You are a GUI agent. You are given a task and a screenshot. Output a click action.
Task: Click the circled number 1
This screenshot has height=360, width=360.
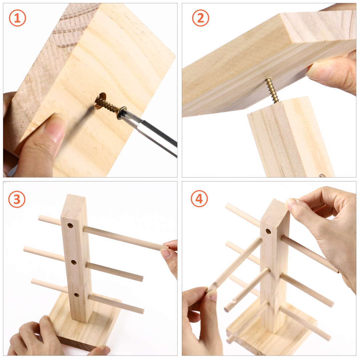point(17,18)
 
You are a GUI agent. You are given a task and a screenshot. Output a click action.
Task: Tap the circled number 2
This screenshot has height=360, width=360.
point(200,18)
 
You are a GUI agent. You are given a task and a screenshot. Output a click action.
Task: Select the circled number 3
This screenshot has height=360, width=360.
point(17,199)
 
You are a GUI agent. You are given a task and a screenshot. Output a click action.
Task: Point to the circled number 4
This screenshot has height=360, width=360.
point(199,199)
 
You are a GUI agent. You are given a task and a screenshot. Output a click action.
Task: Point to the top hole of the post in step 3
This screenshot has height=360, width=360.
point(70,225)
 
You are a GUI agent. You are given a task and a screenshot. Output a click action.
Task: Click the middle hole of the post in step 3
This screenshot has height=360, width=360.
point(74,262)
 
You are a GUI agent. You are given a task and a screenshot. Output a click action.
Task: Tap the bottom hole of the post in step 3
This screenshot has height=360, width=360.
point(77,295)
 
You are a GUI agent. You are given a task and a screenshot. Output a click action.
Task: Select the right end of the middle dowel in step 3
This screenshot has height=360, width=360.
point(141,278)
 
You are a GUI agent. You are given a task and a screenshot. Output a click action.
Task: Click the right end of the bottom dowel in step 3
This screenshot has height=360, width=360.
point(142,311)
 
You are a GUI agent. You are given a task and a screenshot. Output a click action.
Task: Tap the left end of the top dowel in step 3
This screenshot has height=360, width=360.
point(40,218)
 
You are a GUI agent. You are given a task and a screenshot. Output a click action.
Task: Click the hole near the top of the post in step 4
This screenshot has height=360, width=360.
point(268,231)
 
